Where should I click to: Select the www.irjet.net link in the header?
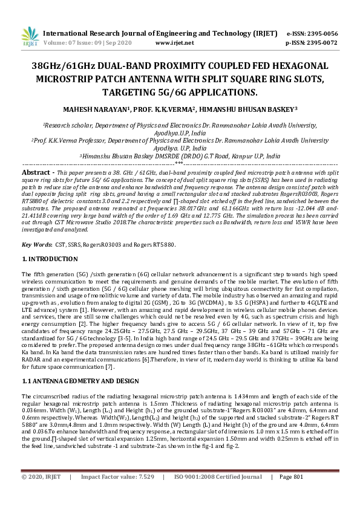174,43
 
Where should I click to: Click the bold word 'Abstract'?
36,172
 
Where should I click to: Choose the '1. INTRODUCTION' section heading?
50,259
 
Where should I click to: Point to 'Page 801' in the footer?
290,494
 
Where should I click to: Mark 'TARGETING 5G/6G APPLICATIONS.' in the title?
180,92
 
